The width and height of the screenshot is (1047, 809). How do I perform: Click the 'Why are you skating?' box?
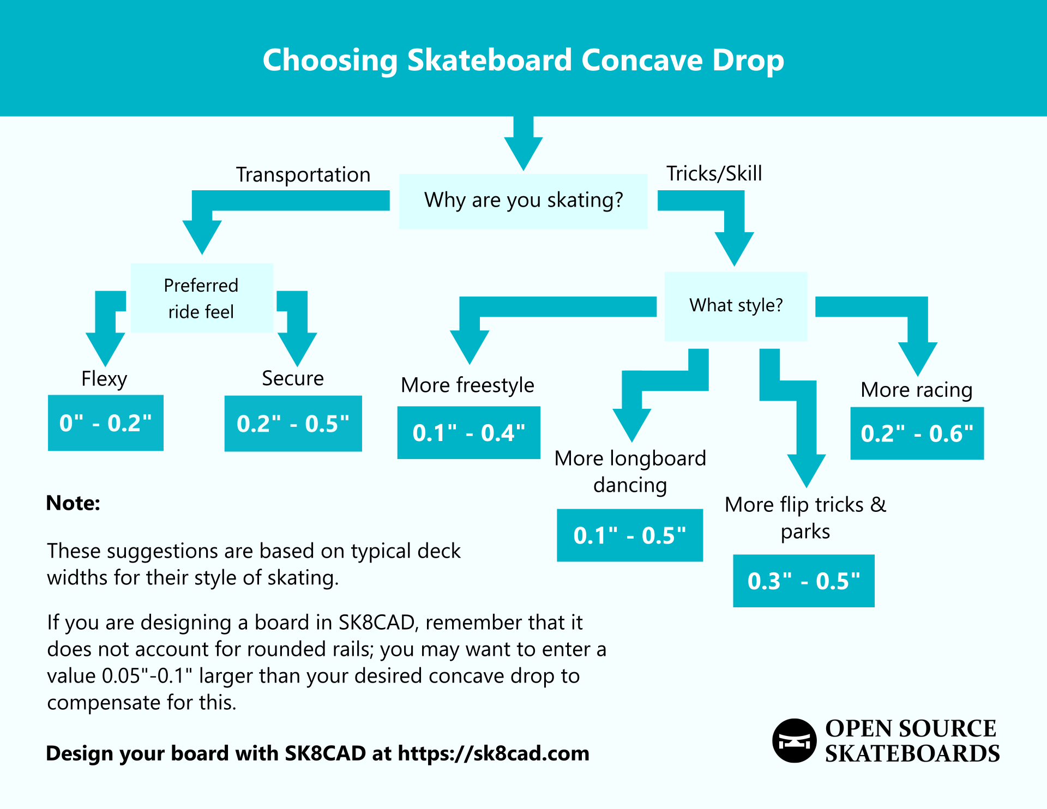click(523, 201)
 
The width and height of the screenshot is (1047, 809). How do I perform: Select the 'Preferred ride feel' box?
click(202, 298)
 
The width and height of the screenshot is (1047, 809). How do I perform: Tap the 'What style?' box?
click(736, 306)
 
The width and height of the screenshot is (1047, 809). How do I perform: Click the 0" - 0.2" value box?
click(105, 423)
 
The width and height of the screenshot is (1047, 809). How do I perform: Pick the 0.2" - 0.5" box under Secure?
click(293, 424)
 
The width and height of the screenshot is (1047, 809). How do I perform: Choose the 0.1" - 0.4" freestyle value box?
click(468, 433)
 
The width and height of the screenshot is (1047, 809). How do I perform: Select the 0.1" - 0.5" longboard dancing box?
click(629, 535)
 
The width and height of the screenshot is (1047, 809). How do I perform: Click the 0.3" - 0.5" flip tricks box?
click(803, 581)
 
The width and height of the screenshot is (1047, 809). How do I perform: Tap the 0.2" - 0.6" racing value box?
click(917, 433)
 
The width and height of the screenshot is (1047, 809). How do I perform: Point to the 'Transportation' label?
click(303, 175)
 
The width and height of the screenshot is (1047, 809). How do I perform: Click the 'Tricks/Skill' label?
click(714, 174)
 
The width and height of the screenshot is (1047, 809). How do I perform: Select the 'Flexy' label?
click(104, 379)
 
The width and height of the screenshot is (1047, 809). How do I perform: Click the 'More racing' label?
click(916, 390)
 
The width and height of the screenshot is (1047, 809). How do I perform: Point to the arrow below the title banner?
click(523, 144)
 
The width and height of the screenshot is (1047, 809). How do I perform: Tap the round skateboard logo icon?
click(794, 741)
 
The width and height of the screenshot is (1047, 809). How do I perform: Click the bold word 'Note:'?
click(73, 503)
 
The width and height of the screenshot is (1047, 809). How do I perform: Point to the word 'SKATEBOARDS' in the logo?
click(912, 754)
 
